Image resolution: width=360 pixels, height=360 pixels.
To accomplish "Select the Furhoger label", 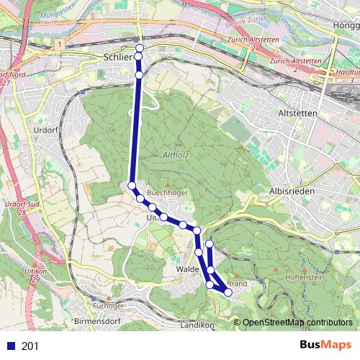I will point(108,305).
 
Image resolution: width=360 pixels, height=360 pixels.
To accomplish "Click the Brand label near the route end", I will point(238,283).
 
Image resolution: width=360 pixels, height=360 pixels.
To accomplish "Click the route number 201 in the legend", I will point(30,346).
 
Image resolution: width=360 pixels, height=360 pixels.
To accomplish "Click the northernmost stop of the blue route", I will point(139,48).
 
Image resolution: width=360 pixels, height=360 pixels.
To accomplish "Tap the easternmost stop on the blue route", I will point(228,292).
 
